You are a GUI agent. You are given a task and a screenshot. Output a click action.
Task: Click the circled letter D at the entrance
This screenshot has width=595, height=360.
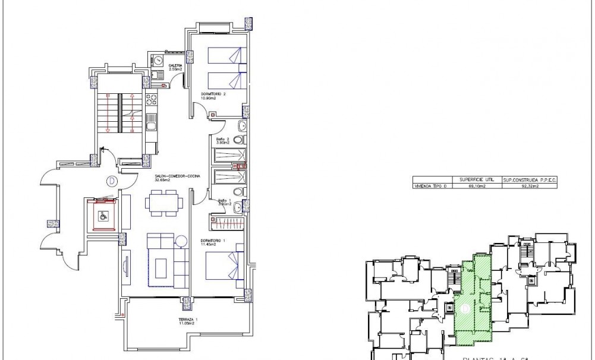(111, 181)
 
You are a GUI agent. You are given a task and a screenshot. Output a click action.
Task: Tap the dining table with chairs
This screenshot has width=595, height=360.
(163, 201)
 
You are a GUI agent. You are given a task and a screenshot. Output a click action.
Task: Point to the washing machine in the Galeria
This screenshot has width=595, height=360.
(159, 61)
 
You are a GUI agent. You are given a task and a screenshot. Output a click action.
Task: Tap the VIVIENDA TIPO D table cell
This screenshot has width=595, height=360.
(432, 186)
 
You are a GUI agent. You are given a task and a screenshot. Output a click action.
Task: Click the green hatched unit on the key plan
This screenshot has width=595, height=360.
(474, 297)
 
